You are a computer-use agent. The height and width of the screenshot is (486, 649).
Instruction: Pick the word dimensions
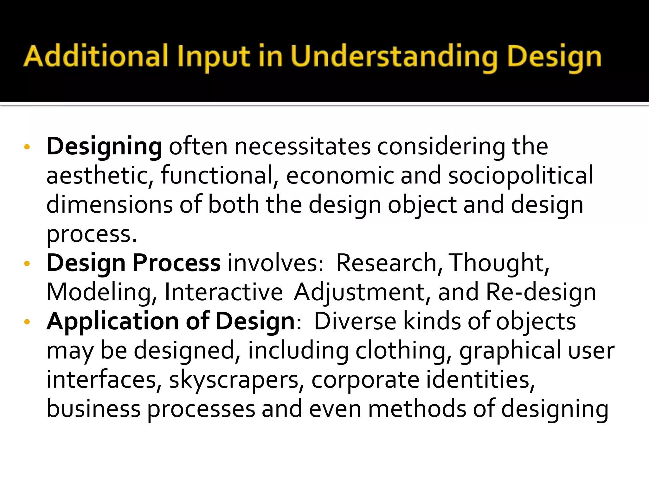point(109,205)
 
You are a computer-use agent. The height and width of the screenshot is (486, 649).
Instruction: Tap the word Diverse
point(355,321)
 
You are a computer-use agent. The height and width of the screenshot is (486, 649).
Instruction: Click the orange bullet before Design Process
point(27,264)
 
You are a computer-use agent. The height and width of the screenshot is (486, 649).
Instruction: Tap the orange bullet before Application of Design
point(27,322)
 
